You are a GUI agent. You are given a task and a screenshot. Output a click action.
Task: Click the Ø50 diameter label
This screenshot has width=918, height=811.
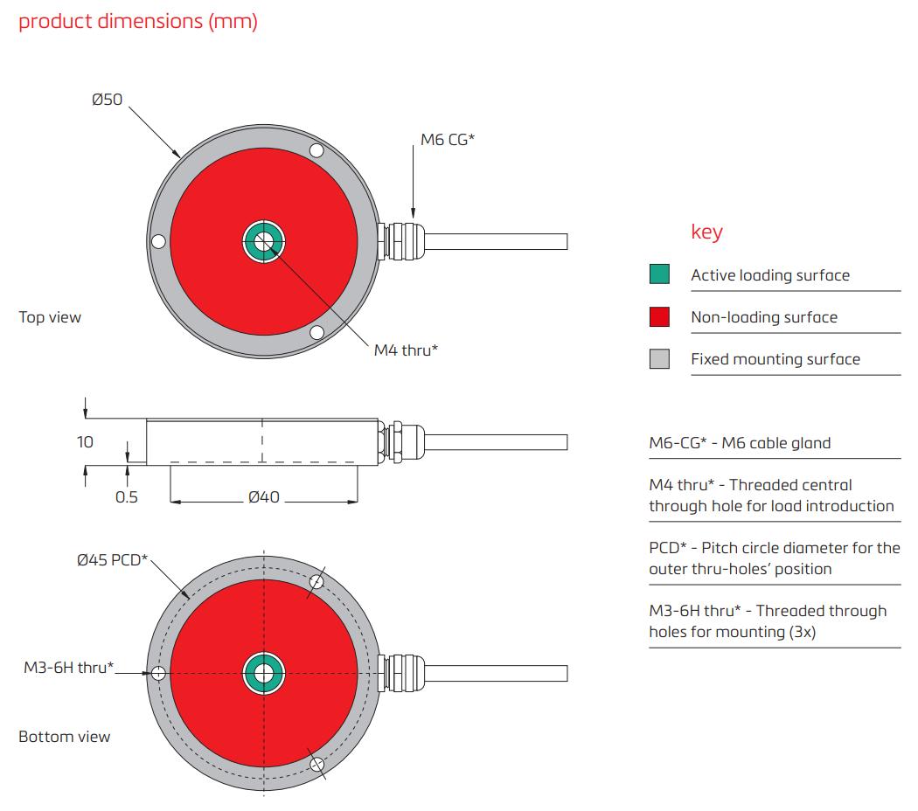point(107,100)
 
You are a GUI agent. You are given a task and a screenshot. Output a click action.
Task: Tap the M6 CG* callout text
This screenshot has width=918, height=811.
point(447,139)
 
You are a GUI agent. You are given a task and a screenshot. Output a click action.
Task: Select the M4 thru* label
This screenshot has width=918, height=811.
point(406,350)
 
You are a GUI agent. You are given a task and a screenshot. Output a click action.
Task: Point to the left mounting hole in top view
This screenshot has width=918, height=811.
point(158,241)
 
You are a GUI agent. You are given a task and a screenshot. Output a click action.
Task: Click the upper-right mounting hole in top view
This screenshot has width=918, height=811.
point(316,152)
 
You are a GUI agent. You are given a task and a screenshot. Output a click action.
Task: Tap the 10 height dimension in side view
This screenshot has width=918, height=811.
point(85,442)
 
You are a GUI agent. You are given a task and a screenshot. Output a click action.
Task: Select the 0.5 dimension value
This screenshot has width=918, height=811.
point(127,497)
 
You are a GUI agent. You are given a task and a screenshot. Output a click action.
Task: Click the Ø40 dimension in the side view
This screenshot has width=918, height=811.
point(263,497)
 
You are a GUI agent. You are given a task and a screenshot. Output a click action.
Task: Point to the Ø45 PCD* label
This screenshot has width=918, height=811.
point(112,560)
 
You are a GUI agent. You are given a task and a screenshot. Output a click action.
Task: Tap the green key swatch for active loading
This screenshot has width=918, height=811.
point(659,274)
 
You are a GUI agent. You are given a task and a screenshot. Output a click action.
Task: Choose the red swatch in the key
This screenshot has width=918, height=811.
point(659,316)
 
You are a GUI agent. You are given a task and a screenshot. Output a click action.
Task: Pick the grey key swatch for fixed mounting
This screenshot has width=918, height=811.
point(659,358)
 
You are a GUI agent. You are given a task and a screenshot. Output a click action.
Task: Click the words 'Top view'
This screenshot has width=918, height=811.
point(50,317)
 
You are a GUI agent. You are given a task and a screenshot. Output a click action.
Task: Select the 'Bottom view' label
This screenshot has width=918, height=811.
point(65,737)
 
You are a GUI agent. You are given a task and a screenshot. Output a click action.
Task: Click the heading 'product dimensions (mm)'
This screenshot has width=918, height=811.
point(138,22)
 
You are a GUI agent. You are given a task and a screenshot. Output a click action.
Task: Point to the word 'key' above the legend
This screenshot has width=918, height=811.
point(706,232)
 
